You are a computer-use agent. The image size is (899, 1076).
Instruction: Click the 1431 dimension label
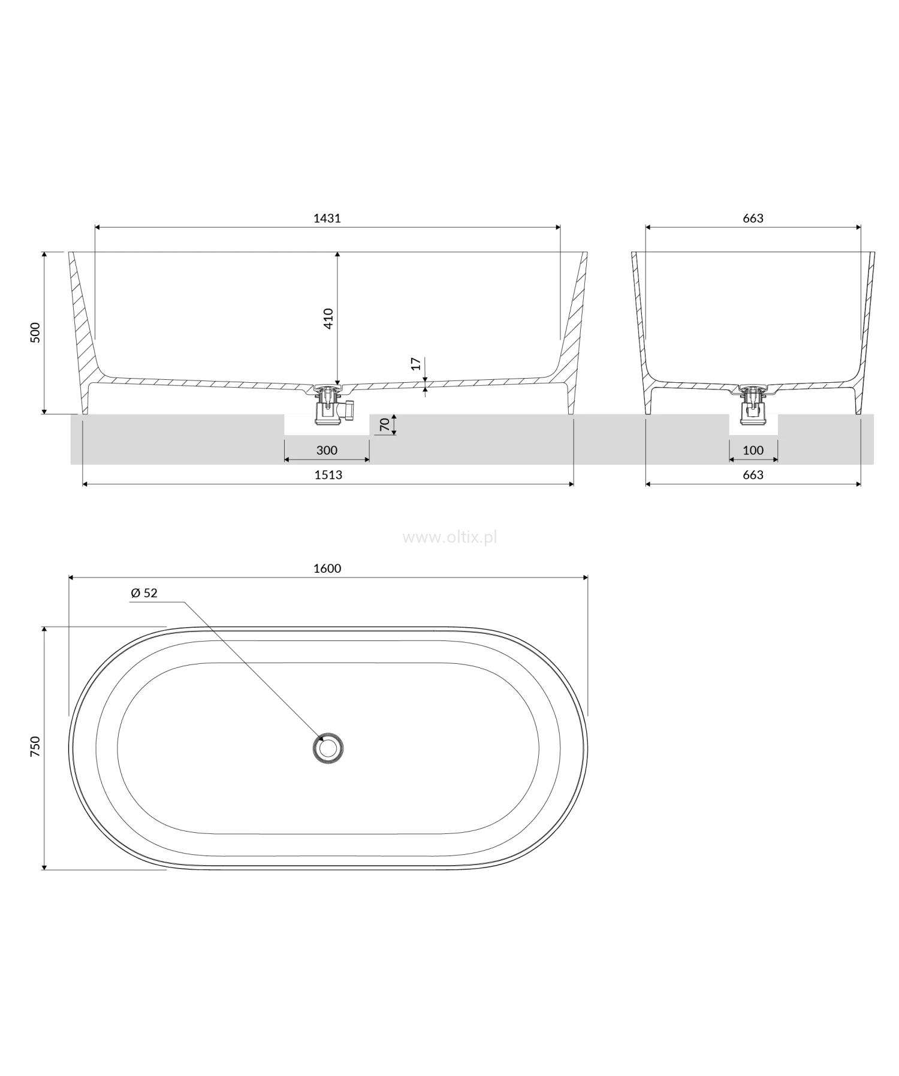click(x=327, y=218)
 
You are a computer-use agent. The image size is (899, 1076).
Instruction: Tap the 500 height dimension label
click(x=35, y=333)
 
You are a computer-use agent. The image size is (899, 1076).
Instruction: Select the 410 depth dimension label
click(x=328, y=319)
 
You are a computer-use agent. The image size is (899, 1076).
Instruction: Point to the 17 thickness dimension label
click(x=417, y=364)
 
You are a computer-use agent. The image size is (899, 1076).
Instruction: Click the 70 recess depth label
click(x=385, y=425)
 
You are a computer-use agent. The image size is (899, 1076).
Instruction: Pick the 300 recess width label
click(x=327, y=450)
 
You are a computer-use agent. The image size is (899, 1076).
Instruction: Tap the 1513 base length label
click(x=328, y=475)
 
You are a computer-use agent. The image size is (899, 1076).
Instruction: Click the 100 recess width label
click(x=753, y=450)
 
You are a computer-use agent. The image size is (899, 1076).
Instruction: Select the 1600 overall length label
click(x=327, y=568)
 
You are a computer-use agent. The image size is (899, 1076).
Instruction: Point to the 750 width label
click(x=35, y=748)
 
